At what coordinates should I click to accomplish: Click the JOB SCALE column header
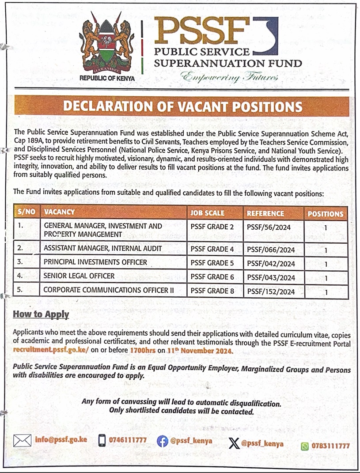coord(207,213)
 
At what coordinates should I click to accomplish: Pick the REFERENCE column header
coord(265,213)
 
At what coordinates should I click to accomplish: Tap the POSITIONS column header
coord(326,214)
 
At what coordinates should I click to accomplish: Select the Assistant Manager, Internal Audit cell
coord(102,249)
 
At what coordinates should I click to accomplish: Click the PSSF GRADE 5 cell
coord(212,263)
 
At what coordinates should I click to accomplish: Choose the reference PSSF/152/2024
coord(270,291)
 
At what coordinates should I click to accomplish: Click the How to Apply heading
coord(41,314)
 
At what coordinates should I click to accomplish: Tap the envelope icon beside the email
coord(22,440)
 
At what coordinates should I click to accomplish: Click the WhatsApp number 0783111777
coord(330,446)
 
